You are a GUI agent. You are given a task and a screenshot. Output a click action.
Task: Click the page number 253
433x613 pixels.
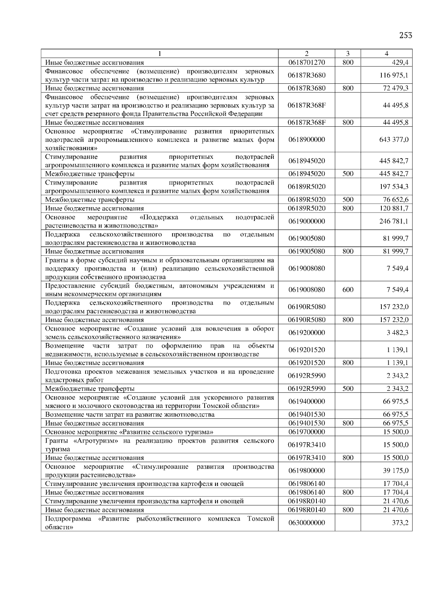point(406,35)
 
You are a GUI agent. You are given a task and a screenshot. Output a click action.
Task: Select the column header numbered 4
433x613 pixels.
point(386,53)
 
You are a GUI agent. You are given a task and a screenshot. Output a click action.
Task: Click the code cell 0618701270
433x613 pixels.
point(307,62)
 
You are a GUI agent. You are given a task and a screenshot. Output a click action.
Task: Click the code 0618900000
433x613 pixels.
point(307,139)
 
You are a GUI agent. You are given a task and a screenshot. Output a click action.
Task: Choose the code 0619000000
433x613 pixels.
point(307,221)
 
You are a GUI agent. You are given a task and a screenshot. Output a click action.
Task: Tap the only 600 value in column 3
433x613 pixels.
point(348,290)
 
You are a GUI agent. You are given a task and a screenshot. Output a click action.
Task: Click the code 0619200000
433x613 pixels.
point(307,332)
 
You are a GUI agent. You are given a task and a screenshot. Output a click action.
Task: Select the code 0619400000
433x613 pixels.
point(307,401)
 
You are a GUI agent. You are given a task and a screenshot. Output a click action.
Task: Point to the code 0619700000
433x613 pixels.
point(307,432)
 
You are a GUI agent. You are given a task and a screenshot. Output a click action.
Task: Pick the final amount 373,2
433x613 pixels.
point(400,523)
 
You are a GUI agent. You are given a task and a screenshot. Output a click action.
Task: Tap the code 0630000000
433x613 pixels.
point(307,523)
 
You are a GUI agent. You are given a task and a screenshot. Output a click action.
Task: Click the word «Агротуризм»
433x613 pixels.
point(95,441)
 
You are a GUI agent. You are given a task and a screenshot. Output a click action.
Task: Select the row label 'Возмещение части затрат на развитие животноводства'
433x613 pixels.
point(130,414)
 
